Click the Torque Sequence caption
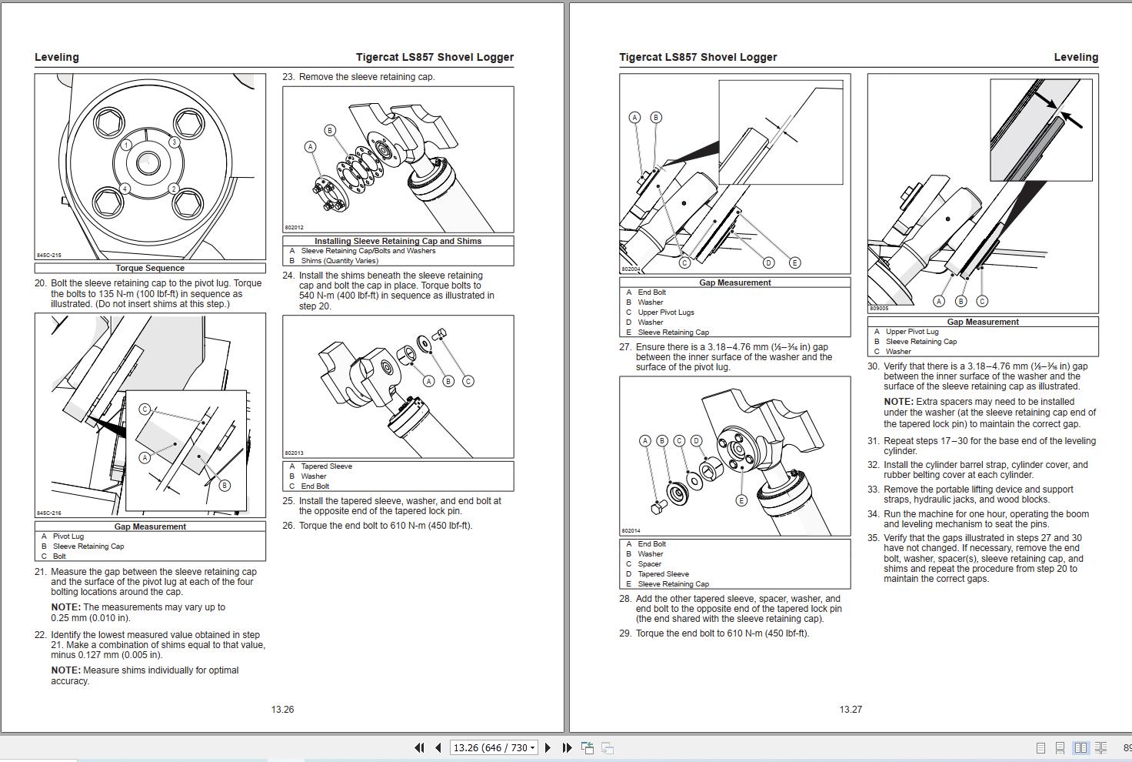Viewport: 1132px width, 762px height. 150,268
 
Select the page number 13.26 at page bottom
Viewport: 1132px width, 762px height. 282,710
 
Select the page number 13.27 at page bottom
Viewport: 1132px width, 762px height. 851,710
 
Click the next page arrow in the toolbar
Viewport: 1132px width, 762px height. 548,747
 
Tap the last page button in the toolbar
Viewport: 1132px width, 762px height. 567,747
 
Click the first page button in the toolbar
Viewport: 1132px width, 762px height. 419,747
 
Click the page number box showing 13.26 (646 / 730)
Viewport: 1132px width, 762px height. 492,747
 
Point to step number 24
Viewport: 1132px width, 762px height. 288,276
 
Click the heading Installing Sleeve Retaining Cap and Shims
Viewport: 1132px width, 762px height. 398,241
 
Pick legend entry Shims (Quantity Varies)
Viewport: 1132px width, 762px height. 339,261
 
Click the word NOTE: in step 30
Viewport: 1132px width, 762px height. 898,402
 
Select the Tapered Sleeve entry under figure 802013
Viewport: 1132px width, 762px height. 326,466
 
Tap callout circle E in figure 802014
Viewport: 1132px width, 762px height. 741,500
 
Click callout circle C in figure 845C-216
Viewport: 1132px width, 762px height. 145,409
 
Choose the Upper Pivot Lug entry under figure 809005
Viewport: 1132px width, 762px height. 912,332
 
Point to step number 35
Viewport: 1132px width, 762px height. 873,538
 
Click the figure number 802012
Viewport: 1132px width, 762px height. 294,228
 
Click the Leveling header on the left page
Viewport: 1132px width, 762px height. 56,57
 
